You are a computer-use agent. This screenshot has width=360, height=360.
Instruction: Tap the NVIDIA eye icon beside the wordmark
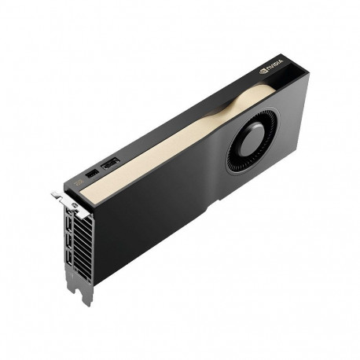tap(263, 73)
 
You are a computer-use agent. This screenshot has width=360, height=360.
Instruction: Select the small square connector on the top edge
tap(93, 171)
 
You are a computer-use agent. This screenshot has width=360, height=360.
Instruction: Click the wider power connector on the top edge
tap(110, 163)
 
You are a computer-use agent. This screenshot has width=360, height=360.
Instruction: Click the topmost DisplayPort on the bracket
tap(68, 222)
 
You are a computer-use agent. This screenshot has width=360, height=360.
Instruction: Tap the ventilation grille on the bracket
tap(83, 244)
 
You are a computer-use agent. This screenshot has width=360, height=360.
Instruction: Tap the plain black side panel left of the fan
tap(157, 204)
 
